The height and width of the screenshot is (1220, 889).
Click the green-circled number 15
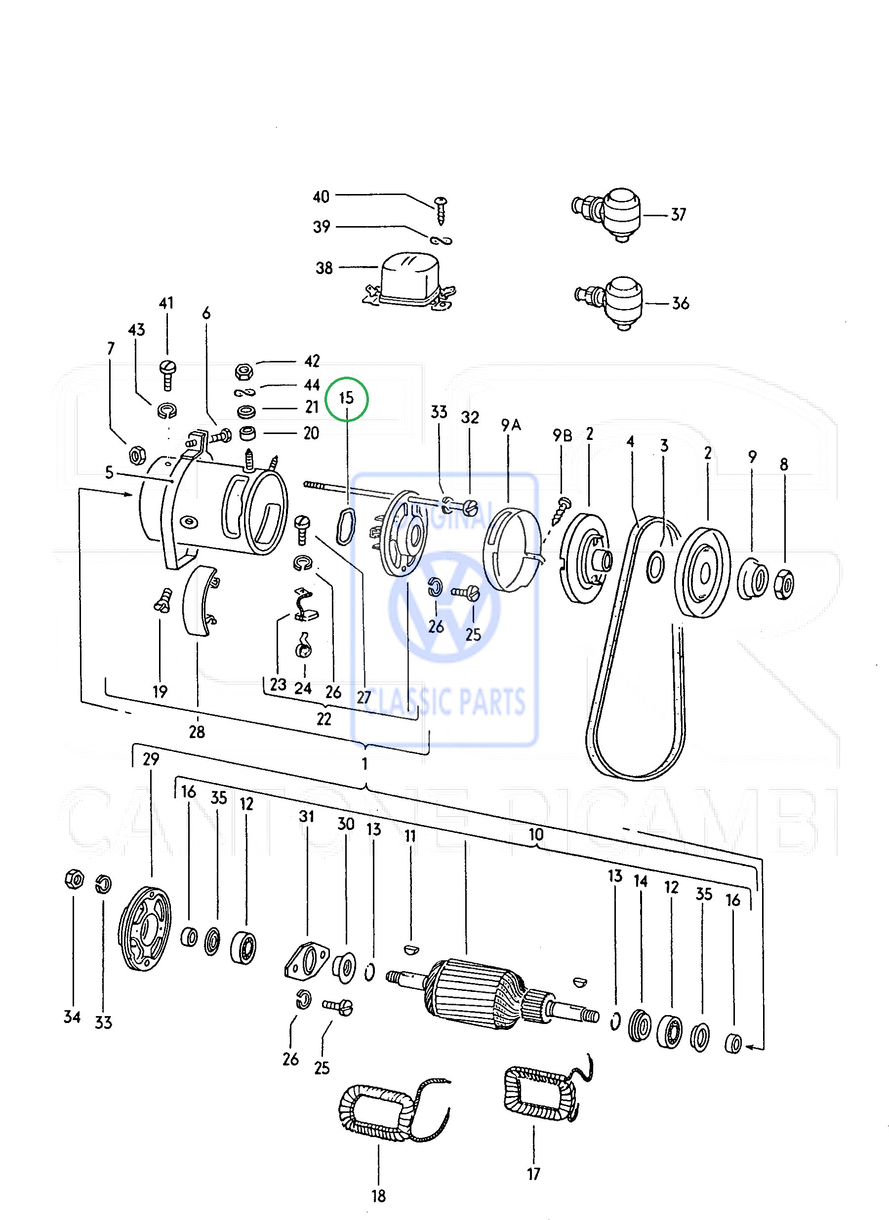tap(347, 398)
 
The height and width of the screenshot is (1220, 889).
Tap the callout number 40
tap(321, 197)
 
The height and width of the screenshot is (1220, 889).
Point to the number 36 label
tap(680, 303)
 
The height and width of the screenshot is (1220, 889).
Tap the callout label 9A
tap(511, 425)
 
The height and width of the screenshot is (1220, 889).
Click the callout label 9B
tap(563, 434)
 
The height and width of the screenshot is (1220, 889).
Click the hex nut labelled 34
tap(74, 880)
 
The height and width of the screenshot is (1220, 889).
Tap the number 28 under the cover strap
tap(197, 732)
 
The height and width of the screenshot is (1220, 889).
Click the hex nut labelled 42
tap(244, 371)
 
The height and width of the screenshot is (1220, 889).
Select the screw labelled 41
tap(167, 373)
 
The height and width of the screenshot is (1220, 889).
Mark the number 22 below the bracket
tap(324, 719)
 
